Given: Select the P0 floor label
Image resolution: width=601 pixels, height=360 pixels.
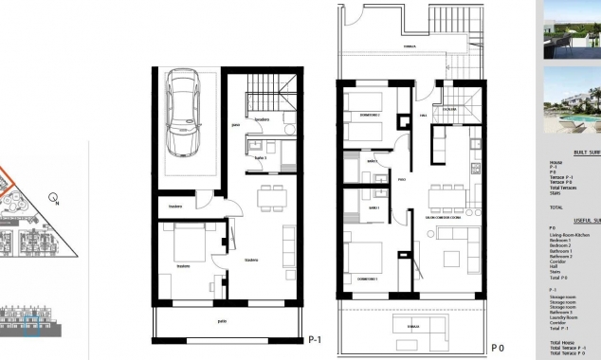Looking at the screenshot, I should (x=499, y=347).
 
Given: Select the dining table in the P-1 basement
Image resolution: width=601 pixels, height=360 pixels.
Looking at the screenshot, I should (x=272, y=198).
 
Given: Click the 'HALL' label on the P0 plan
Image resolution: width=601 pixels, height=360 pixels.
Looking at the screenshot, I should (x=425, y=117).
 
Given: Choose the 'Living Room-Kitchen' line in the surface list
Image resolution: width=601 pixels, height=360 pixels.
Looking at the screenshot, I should (x=569, y=234).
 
